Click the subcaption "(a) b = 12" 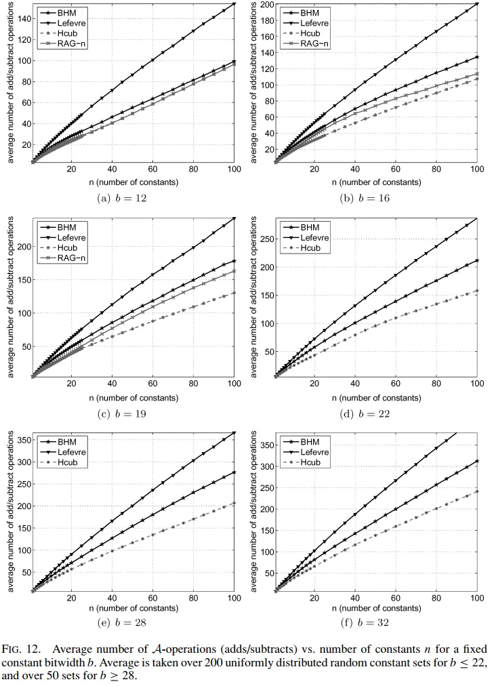tap(123, 199)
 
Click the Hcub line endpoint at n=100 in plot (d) tap(477, 290)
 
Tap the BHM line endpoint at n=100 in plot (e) tap(234, 472)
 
